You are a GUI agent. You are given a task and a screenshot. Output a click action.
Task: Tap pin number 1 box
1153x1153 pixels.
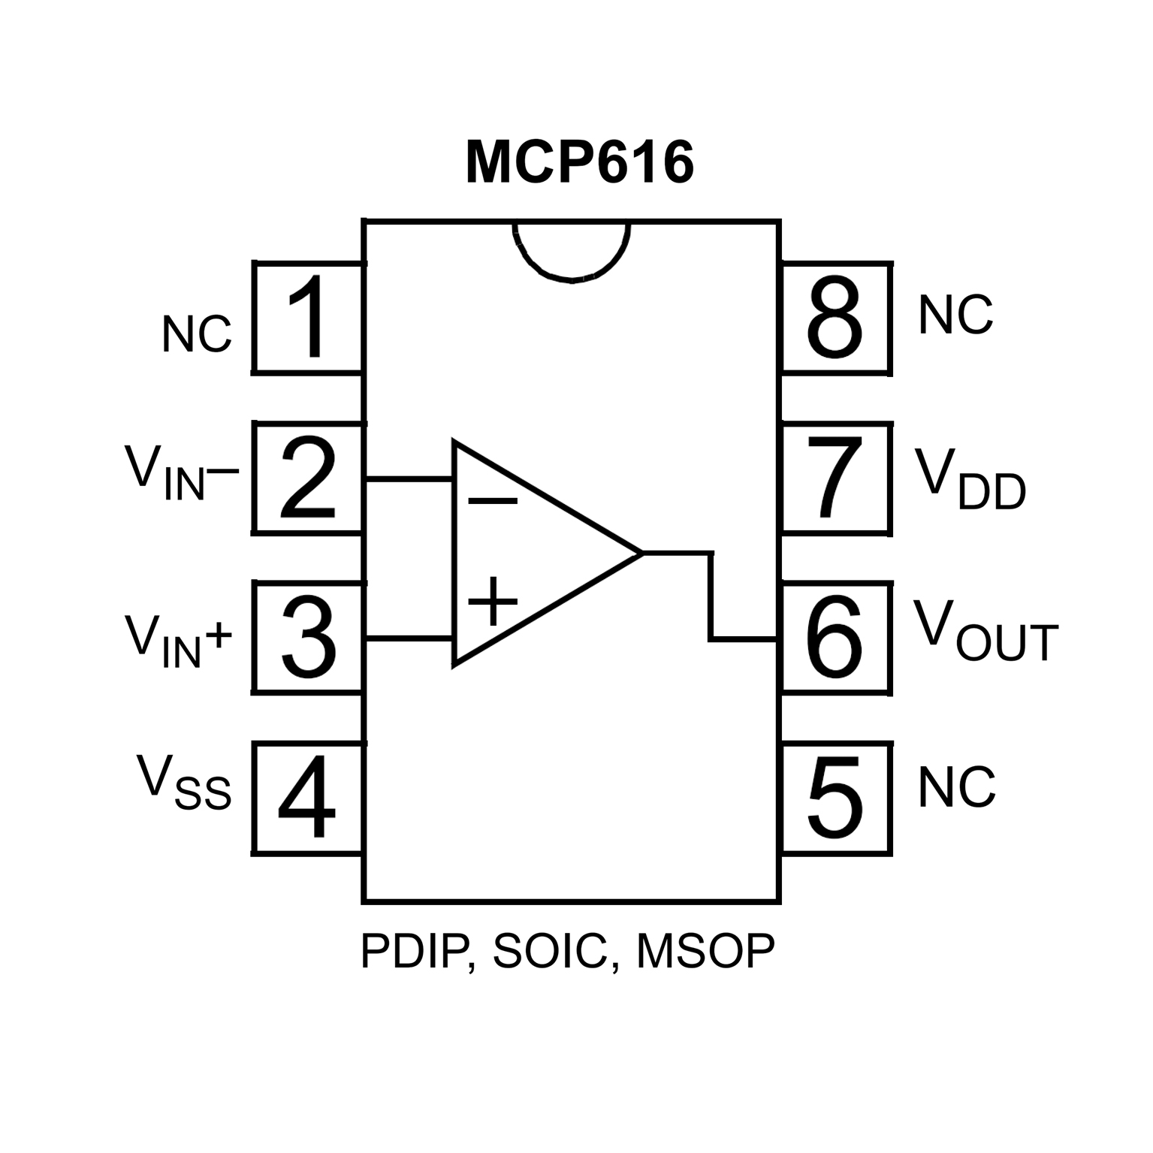coord(308,317)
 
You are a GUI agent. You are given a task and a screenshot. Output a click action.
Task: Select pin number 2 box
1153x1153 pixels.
coord(308,478)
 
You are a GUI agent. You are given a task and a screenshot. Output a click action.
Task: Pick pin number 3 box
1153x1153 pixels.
coord(308,637)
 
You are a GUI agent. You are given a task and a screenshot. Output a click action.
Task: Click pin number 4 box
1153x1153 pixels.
coord(308,798)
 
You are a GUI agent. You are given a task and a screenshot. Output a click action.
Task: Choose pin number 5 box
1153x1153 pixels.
coord(835,798)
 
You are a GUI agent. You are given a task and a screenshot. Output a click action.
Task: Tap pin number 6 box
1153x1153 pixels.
coord(835,637)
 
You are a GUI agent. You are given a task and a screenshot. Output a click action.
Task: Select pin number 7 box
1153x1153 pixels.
coord(835,478)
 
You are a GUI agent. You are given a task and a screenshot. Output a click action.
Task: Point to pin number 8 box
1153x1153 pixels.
coord(835,318)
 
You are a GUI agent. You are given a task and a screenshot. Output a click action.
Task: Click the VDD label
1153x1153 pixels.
coord(970,481)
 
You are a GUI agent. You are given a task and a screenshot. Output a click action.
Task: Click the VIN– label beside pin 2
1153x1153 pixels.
coord(181,474)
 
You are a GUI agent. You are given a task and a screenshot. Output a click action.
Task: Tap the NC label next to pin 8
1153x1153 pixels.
coord(955,315)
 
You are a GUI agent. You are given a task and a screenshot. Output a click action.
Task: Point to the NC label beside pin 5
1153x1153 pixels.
coord(956,788)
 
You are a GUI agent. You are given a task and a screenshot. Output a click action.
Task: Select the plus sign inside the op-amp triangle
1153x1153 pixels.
coord(493,601)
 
